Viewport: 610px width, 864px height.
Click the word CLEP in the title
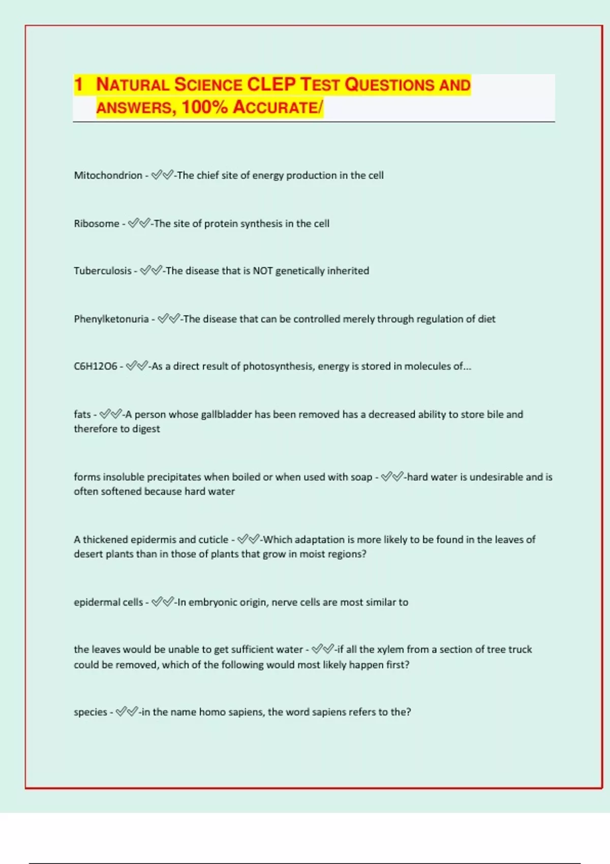271,84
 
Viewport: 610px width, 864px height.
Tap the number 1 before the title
78,84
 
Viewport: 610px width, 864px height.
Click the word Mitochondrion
108,175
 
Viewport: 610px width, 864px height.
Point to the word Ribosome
96,224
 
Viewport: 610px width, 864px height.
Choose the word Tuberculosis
102,271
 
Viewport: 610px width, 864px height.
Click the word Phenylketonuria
111,319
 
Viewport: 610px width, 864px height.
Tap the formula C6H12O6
95,366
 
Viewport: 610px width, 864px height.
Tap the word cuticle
213,540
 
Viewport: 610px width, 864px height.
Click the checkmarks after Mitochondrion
162,175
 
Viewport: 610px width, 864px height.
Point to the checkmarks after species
127,712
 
